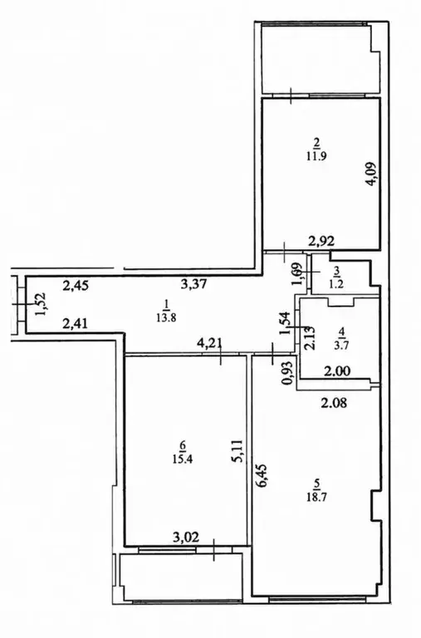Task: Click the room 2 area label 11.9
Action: coord(317,156)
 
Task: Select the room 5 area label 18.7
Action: coord(318,497)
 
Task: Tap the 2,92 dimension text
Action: coord(321,241)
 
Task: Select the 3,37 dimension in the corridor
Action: coord(193,283)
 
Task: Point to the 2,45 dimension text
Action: coord(76,286)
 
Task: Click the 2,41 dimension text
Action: coord(76,324)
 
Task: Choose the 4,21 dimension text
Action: coord(209,342)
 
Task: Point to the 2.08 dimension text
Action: coord(335,404)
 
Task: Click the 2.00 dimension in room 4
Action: coord(337,371)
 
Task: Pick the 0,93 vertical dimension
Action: coord(289,373)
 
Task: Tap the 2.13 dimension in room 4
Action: coord(310,339)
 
